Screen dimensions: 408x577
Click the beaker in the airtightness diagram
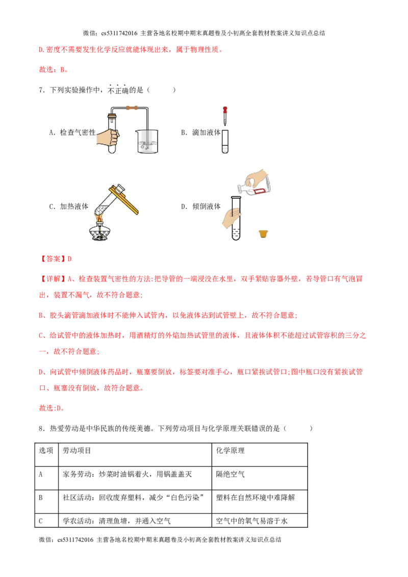pyautogui.click(x=147, y=141)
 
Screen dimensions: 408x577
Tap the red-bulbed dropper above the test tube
pyautogui.click(x=225, y=116)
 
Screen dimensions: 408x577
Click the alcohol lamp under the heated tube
pyautogui.click(x=100, y=230)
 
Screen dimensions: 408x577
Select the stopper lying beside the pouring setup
pyautogui.click(x=263, y=233)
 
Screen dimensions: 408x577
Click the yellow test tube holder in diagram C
pyautogui.click(x=123, y=199)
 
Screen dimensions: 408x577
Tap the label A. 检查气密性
pyautogui.click(x=72, y=133)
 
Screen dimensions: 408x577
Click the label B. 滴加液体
pyautogui.click(x=201, y=133)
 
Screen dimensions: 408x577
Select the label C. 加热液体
pyautogui.click(x=69, y=206)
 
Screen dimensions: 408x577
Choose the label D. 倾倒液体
pyautogui.click(x=201, y=206)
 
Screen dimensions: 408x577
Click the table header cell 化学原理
pyautogui.click(x=230, y=451)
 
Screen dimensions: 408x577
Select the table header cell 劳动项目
pyautogui.click(x=76, y=451)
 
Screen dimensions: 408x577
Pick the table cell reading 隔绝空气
pyautogui.click(x=230, y=475)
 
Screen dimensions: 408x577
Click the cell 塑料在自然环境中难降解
pyautogui.click(x=255, y=497)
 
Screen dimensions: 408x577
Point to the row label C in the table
pyautogui.click(x=40, y=521)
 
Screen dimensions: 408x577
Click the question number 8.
pyautogui.click(x=42, y=428)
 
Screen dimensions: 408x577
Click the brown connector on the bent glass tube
pyautogui.click(x=132, y=108)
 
